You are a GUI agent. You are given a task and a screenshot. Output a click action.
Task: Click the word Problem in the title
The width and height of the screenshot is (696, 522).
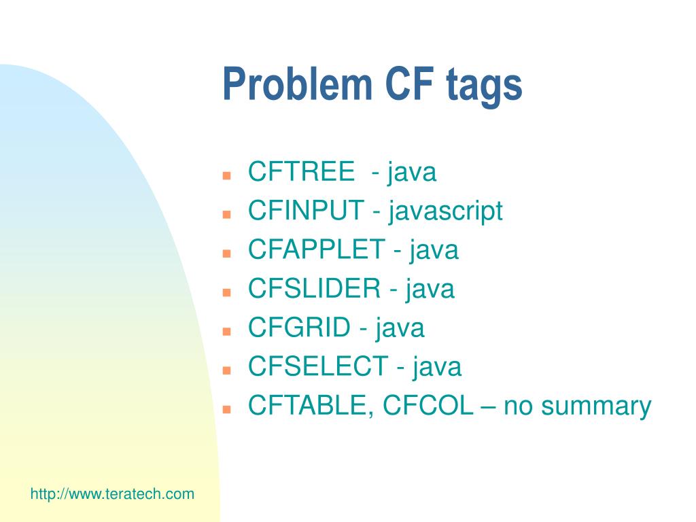pyautogui.click(x=297, y=84)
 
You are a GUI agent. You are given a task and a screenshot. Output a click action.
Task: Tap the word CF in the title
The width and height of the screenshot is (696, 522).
pyautogui.click(x=409, y=84)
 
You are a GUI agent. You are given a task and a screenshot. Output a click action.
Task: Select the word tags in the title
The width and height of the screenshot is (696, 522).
pyautogui.click(x=484, y=87)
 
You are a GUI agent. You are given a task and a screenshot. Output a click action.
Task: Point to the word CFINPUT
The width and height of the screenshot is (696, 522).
pyautogui.click(x=306, y=210)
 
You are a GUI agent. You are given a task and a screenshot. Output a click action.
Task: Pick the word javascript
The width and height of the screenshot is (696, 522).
pyautogui.click(x=445, y=212)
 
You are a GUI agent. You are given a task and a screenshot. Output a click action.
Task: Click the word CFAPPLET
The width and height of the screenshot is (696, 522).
pyautogui.click(x=316, y=249)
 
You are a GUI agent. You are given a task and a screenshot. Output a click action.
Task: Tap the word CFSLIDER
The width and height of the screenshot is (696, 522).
pyautogui.click(x=314, y=288)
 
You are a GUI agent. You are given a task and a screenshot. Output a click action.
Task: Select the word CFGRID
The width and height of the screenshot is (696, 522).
pyautogui.click(x=299, y=327)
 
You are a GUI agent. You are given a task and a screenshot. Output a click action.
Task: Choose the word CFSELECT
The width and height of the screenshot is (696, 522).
pyautogui.click(x=318, y=366)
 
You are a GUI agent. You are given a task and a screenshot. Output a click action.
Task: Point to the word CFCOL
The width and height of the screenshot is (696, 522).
pyautogui.click(x=428, y=405)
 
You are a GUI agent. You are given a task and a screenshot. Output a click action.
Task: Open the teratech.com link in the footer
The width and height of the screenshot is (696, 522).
pyautogui.click(x=112, y=493)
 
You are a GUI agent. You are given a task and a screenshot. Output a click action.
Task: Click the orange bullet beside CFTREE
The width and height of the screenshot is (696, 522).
pyautogui.click(x=226, y=175)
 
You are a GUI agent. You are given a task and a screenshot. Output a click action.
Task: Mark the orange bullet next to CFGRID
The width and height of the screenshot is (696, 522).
pyautogui.click(x=226, y=332)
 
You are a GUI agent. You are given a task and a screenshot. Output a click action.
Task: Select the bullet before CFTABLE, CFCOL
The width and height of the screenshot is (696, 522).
pyautogui.click(x=226, y=410)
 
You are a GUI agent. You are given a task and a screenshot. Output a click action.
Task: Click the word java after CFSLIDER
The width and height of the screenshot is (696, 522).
pyautogui.click(x=430, y=290)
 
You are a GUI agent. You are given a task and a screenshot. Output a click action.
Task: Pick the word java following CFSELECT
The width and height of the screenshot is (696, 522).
pyautogui.click(x=437, y=368)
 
